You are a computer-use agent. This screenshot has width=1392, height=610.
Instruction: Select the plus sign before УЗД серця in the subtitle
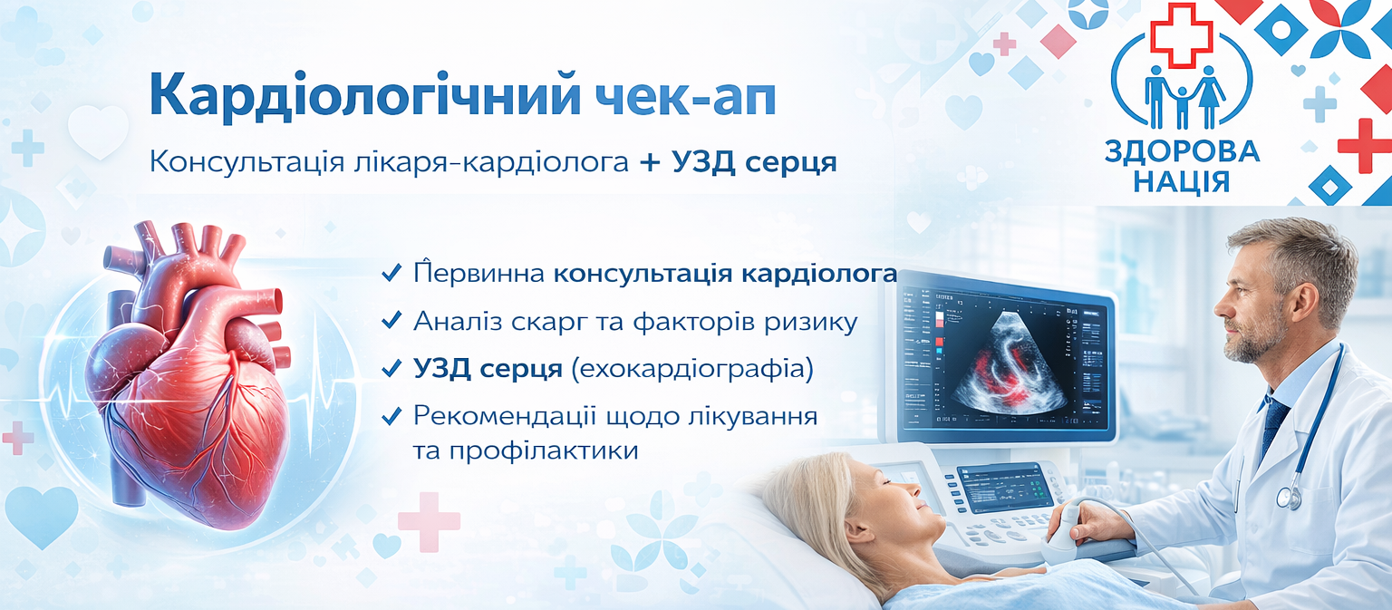click(650, 163)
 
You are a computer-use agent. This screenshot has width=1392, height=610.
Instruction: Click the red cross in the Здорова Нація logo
click(1182, 35)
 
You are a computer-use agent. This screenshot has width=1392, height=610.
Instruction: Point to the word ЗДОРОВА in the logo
click(1182, 152)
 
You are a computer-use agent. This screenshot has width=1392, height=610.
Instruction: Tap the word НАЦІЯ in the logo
click(1182, 182)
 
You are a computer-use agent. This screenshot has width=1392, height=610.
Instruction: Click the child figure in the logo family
click(1182, 108)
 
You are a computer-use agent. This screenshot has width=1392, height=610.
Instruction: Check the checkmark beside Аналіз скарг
click(391, 320)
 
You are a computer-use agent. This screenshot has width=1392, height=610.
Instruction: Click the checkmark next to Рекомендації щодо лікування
click(391, 415)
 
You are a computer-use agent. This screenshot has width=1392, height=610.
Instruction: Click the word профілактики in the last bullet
click(544, 450)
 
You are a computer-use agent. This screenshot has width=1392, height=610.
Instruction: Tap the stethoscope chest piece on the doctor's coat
click(1288, 498)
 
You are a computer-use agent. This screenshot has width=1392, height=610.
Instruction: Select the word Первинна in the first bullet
click(479, 273)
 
